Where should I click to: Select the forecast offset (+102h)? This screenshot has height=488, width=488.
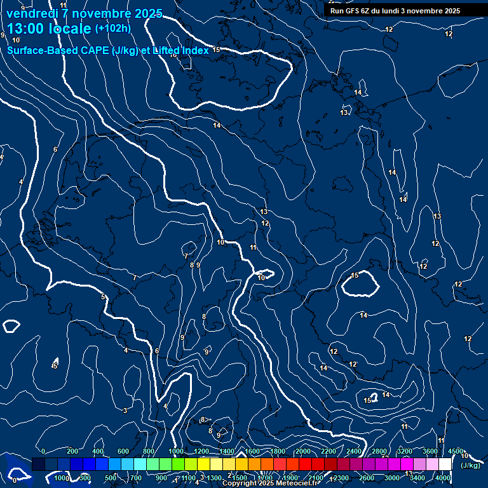click(x=112, y=29)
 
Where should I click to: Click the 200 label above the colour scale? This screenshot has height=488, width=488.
click(x=72, y=451)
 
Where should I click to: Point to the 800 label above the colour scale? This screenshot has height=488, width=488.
click(x=149, y=451)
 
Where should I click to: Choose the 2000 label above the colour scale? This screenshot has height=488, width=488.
click(x=302, y=451)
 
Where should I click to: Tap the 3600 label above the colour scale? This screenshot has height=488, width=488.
click(x=430, y=451)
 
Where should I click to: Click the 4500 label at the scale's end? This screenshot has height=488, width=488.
click(x=455, y=451)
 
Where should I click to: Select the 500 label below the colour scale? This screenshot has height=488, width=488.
click(x=111, y=478)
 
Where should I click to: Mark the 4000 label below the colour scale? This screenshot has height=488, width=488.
click(x=444, y=478)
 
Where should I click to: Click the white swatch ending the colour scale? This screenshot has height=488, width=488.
click(x=445, y=464)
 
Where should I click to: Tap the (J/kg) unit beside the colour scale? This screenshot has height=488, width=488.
click(x=470, y=466)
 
